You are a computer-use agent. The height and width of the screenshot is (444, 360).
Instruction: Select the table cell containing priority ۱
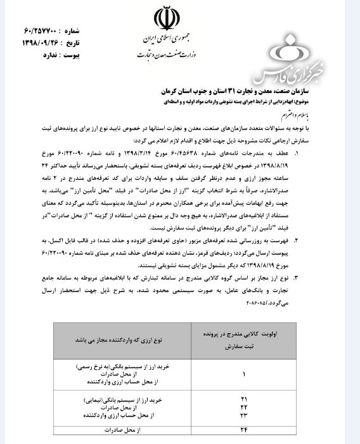(243, 374)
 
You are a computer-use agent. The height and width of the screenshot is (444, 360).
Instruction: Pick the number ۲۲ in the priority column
(243, 408)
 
